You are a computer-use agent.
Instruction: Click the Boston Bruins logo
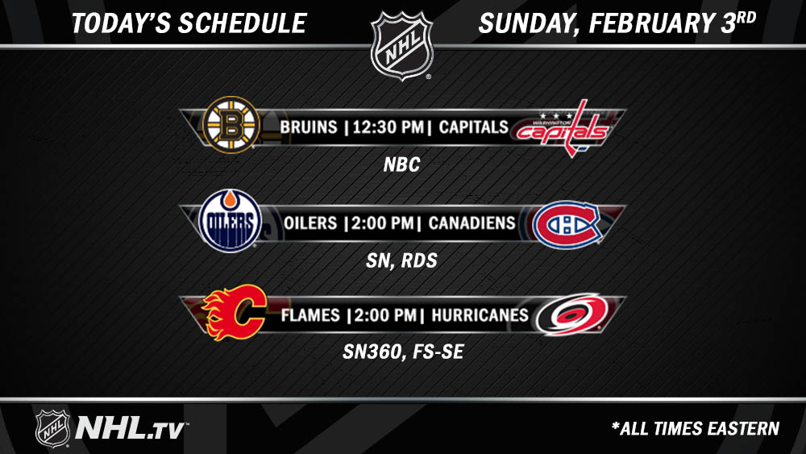(x=231, y=125)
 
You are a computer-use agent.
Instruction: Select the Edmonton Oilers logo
(x=231, y=221)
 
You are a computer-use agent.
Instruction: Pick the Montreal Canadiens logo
(x=567, y=225)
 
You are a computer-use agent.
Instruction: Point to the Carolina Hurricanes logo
(x=571, y=314)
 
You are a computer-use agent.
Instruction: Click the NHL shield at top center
(x=402, y=45)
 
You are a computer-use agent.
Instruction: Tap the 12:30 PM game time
(x=388, y=127)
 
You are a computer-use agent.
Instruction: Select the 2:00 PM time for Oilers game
(x=383, y=223)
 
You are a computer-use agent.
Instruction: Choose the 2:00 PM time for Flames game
(x=385, y=315)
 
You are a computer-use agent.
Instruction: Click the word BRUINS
(x=309, y=127)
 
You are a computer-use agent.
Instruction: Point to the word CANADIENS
(x=472, y=223)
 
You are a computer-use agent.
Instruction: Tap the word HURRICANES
(x=480, y=315)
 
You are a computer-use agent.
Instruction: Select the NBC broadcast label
(x=402, y=165)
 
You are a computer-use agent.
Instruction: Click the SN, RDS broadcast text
(x=402, y=260)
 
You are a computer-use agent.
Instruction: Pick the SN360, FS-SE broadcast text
(x=404, y=352)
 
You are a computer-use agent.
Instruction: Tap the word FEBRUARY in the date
(x=652, y=23)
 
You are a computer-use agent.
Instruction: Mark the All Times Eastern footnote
(x=696, y=428)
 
